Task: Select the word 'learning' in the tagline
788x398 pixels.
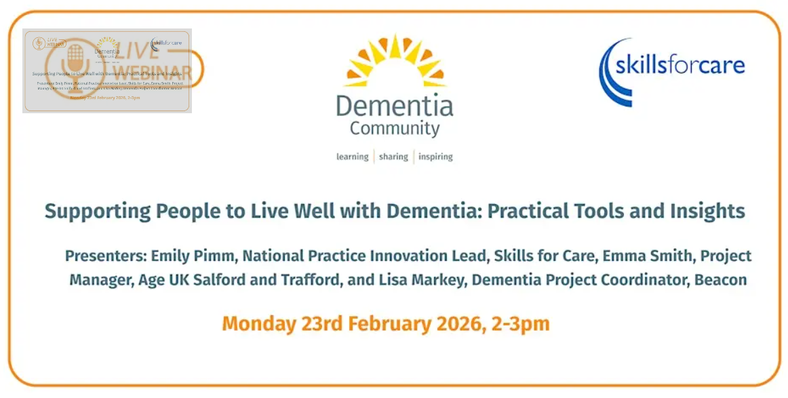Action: coord(353,157)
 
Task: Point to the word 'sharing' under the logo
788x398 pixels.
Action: coord(393,157)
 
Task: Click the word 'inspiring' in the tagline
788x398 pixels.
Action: coord(435,157)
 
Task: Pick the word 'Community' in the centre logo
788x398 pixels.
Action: coord(395,128)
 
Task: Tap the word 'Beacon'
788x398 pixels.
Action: coord(720,280)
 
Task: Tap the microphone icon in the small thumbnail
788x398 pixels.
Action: coord(76,56)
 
